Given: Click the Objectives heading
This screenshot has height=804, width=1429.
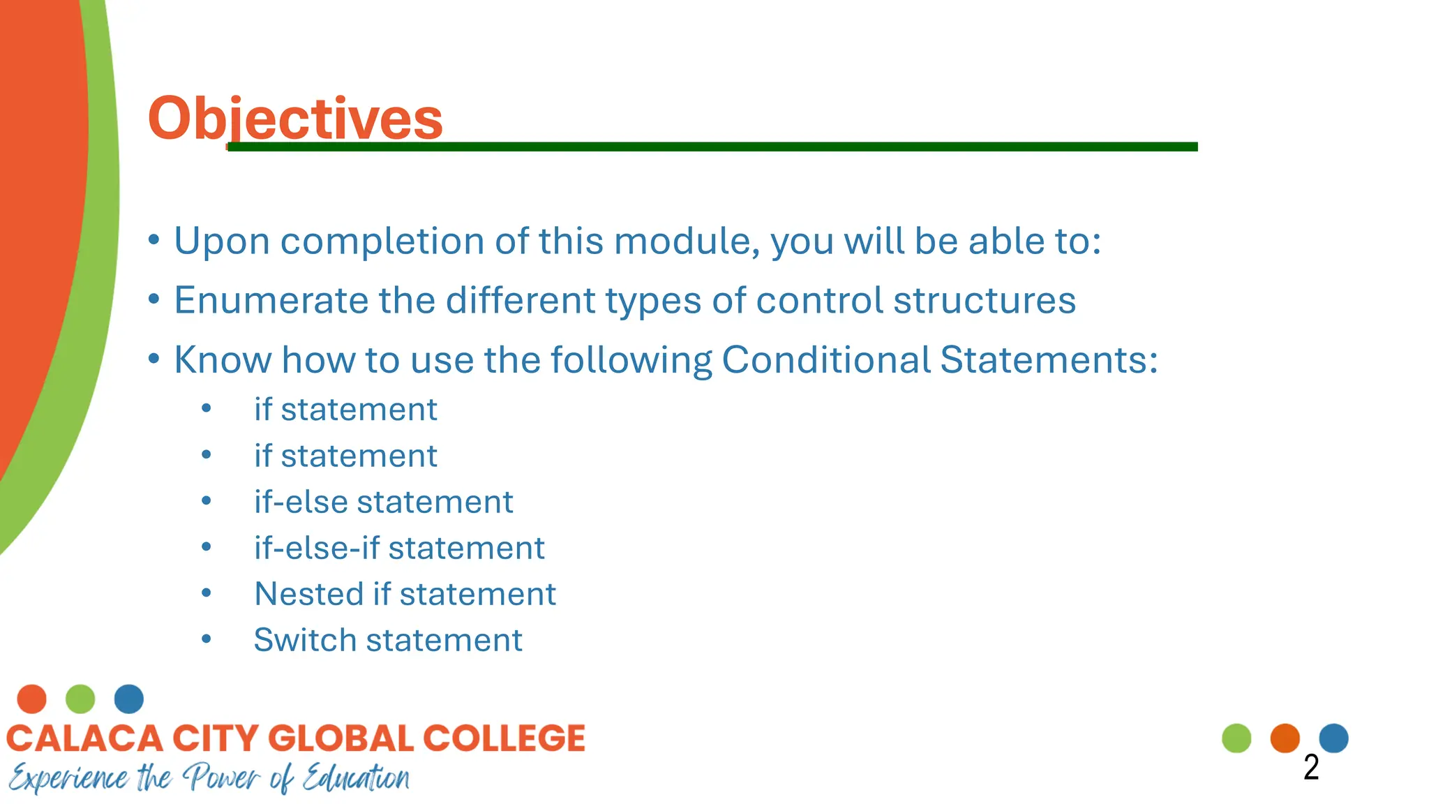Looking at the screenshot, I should pos(295,118).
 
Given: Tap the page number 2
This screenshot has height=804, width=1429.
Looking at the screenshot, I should pos(1311,768).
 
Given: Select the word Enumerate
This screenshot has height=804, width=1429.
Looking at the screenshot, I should pos(271,301).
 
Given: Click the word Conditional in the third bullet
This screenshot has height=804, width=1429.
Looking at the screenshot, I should pos(825,360).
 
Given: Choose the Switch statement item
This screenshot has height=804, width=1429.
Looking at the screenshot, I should pos(387,640).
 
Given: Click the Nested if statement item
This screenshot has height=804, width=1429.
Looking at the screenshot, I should pos(405,594).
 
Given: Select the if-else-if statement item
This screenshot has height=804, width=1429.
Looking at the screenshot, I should pos(398,548).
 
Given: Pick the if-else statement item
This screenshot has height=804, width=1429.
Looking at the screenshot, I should pos(383,502).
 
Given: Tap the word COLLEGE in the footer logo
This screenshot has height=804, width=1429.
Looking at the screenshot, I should pos(504,738).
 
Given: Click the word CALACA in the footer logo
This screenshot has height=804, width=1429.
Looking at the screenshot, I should pos(84,738).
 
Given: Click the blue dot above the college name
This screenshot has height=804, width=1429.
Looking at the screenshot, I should pos(129,699).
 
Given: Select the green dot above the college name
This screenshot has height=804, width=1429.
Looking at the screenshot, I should pos(80,699).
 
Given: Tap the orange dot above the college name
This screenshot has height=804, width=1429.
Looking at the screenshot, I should pos(31,699).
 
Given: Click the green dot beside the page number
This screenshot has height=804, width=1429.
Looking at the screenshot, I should pos(1236,738).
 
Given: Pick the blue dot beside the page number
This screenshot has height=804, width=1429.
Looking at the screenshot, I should pos(1333,738).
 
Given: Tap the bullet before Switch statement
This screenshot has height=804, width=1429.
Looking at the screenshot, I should pos(206,639).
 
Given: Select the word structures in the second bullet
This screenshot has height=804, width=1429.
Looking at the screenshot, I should pos(985,301).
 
